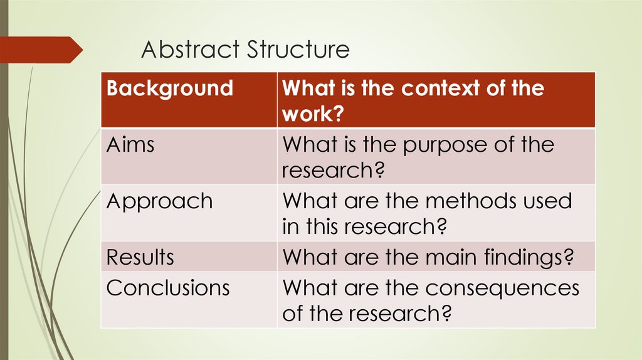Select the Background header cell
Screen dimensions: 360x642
pyautogui.click(x=169, y=88)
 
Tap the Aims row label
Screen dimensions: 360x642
pyautogui.click(x=130, y=145)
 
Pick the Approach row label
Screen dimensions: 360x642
pyautogui.click(x=160, y=202)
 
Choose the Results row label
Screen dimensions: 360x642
pyautogui.click(x=140, y=257)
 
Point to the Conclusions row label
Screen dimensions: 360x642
pyautogui.click(x=168, y=288)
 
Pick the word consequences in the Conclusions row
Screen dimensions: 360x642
pyautogui.click(x=502, y=288)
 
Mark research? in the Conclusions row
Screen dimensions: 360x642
pyautogui.click(x=401, y=313)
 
